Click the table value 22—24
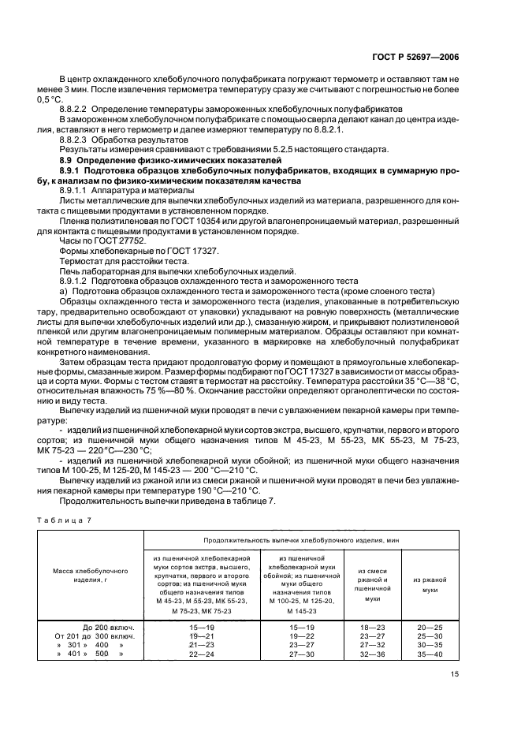coord(202,654)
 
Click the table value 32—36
coord(371,654)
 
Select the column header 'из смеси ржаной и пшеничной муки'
coord(372,583)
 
